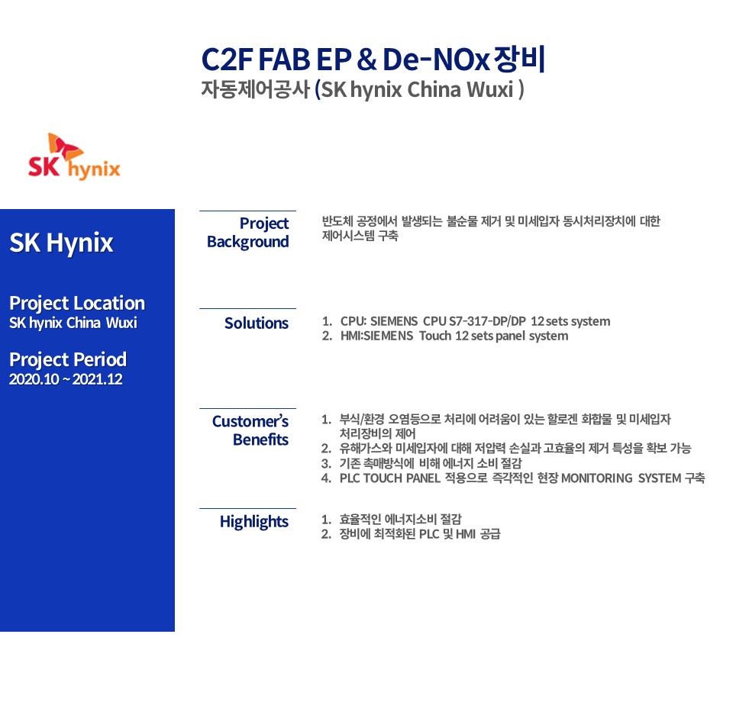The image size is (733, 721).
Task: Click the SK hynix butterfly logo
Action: tap(74, 156)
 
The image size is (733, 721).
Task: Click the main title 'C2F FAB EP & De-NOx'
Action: tap(345, 60)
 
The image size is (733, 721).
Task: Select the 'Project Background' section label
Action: tap(247, 233)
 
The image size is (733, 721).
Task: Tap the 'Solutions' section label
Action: tap(257, 323)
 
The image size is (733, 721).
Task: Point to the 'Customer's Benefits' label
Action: tap(250, 430)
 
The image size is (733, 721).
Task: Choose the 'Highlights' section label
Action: tap(253, 522)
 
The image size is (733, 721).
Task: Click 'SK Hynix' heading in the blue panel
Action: tap(61, 243)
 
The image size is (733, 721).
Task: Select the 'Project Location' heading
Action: tap(77, 303)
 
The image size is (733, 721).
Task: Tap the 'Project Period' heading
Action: tap(68, 359)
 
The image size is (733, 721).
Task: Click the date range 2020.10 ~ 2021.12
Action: tap(66, 379)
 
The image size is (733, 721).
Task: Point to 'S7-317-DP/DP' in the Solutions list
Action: tap(487, 321)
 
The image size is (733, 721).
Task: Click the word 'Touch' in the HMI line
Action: tap(435, 336)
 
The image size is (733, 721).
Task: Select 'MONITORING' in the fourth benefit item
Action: tap(596, 478)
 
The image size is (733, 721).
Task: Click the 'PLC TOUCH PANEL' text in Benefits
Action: tap(390, 478)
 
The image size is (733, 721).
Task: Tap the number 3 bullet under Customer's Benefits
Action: tap(326, 463)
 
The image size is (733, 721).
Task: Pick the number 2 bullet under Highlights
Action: tap(326, 534)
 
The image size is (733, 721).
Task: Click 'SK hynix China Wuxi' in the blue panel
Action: tap(73, 323)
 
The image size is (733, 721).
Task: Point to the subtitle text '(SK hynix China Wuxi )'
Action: tap(419, 89)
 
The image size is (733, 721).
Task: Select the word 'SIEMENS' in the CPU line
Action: tap(394, 321)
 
